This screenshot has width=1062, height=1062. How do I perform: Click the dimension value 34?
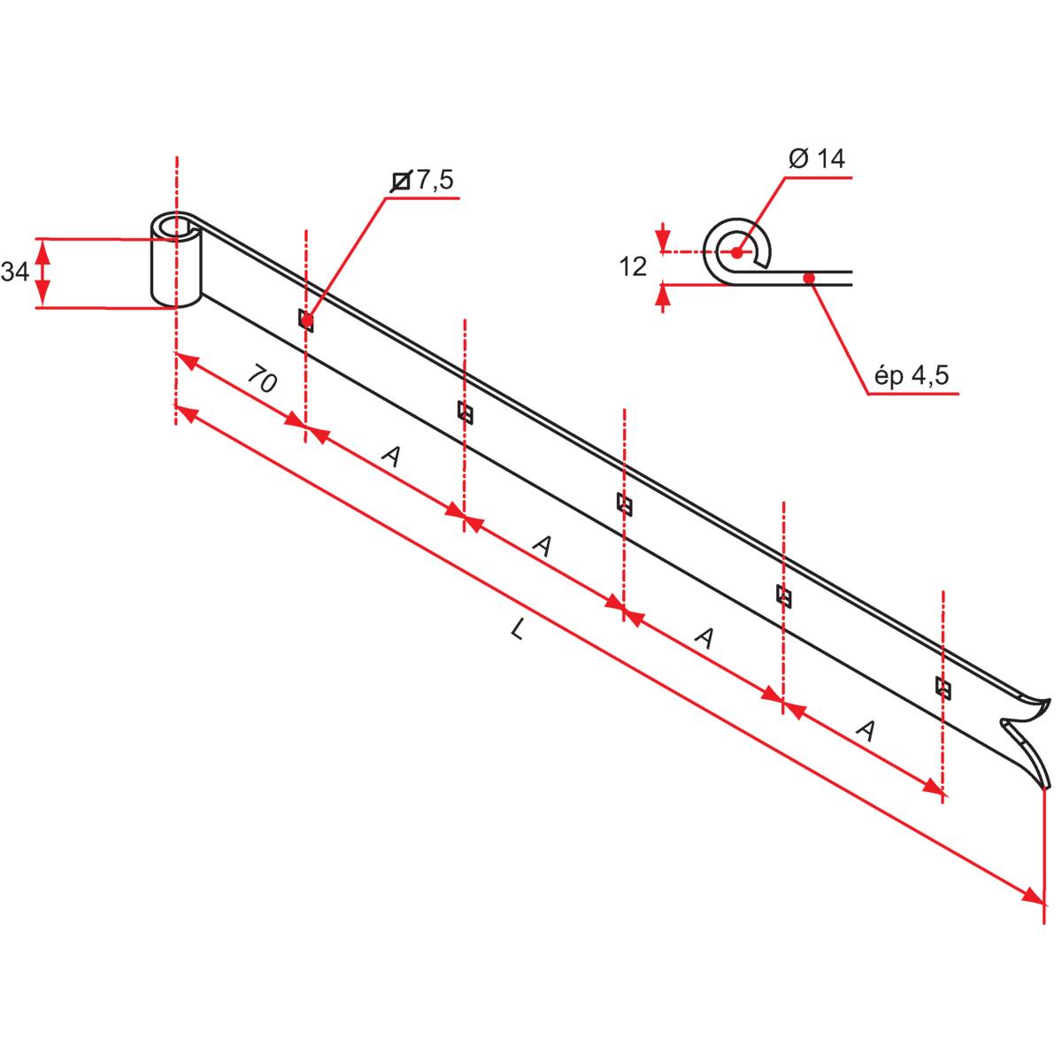coord(14,273)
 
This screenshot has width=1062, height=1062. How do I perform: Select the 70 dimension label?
coord(262,381)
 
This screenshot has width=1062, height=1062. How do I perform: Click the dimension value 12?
coord(633,266)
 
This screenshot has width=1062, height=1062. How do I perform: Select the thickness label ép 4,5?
coord(912,375)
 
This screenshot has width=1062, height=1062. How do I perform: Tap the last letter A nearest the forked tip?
coord(867,730)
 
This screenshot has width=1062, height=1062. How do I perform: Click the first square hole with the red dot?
coord(306,320)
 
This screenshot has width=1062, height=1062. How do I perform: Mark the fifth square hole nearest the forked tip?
coord(943,688)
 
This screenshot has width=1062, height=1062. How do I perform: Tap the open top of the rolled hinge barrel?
coord(174,227)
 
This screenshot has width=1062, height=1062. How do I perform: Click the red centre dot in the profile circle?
coord(736,252)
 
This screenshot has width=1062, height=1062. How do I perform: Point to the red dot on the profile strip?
coord(808,279)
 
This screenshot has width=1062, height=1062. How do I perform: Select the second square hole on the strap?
coord(465,412)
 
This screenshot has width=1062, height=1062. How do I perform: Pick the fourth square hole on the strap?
coord(783,596)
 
